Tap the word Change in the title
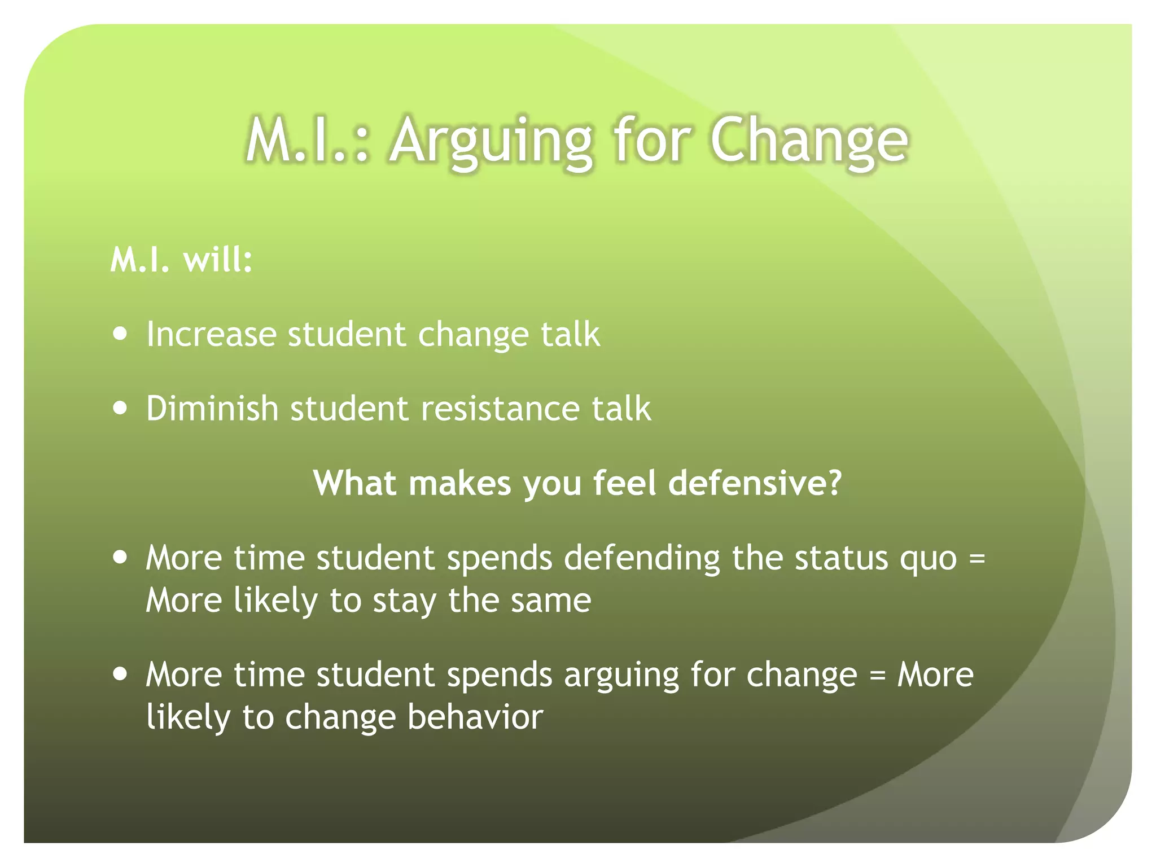(809, 141)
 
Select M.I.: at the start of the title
(308, 141)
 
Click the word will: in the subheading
(217, 260)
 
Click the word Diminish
(212, 408)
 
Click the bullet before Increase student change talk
(120, 334)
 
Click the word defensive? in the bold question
(755, 484)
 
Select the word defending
(642, 559)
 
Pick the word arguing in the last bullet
(621, 676)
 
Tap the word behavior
(475, 717)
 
